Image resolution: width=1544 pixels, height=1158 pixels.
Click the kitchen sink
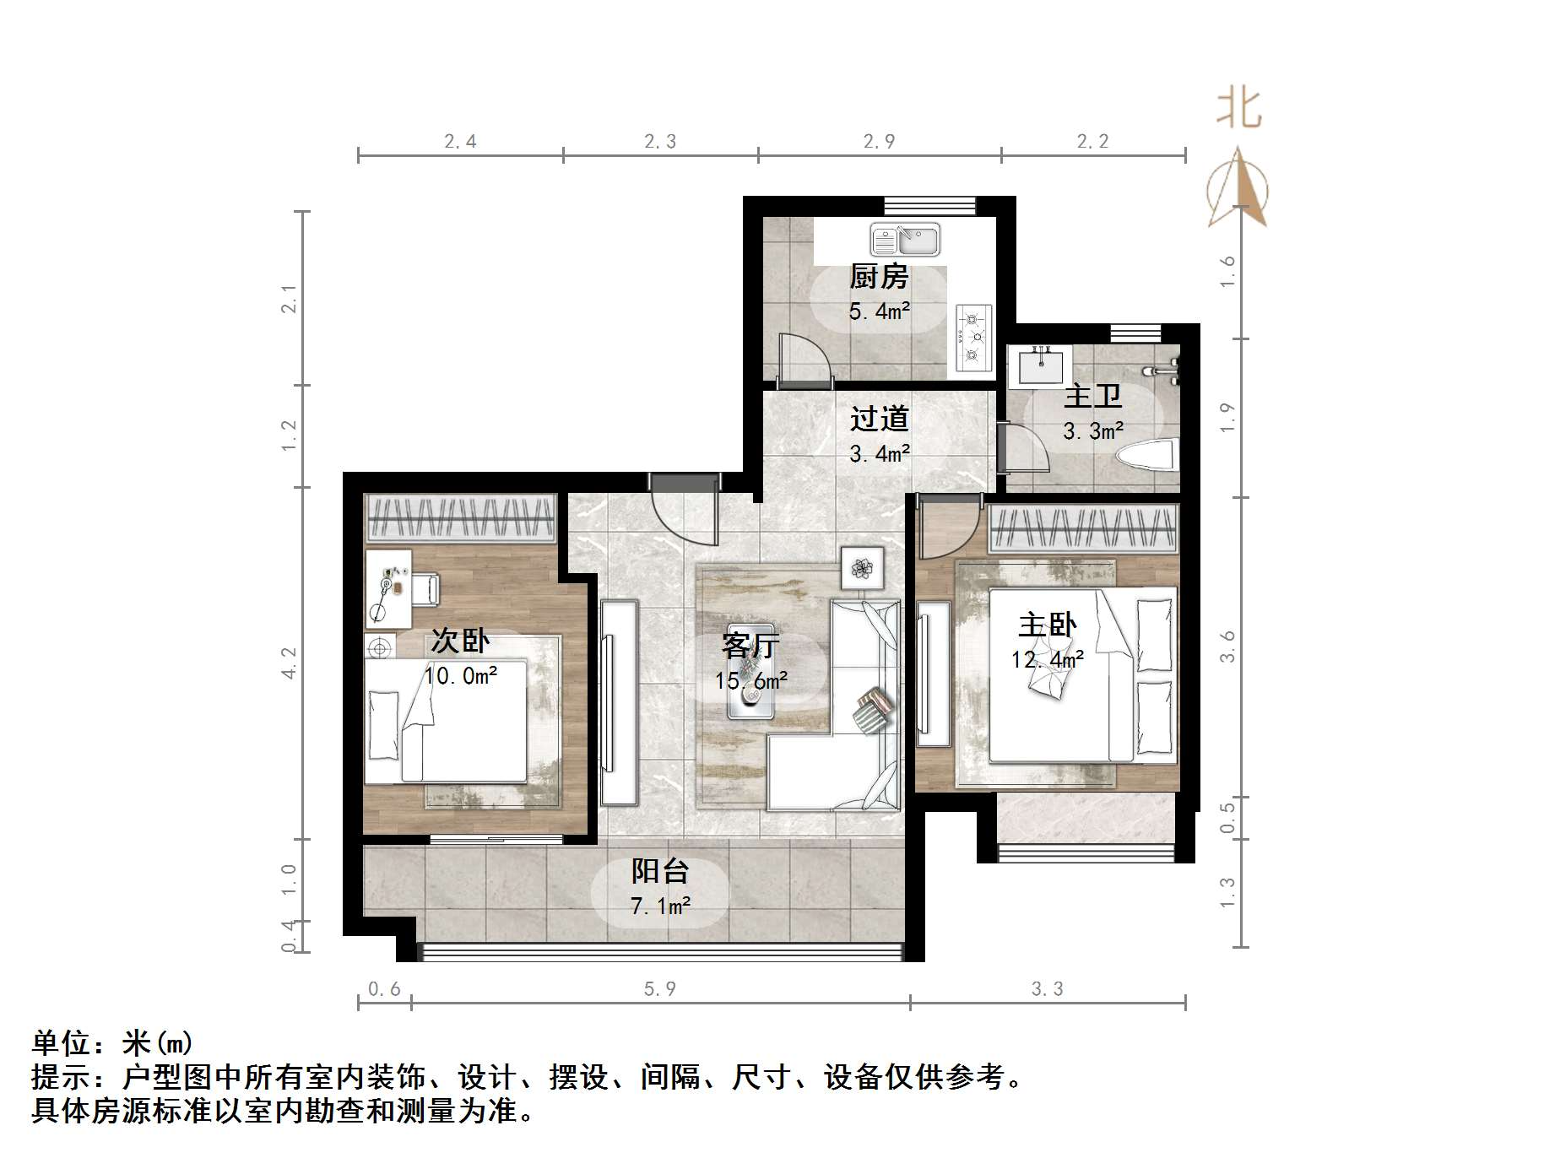(x=905, y=241)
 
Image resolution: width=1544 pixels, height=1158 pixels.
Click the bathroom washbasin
(x=1041, y=367)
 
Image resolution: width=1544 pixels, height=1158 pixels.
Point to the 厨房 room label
(x=879, y=276)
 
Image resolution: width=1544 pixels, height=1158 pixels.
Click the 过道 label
(x=879, y=419)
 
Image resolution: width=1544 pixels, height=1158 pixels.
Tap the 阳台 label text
(x=660, y=871)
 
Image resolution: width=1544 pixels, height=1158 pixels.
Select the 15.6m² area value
(x=750, y=680)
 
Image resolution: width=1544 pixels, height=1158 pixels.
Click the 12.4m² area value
(x=1047, y=659)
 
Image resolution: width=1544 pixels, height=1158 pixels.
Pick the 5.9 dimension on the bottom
(x=659, y=988)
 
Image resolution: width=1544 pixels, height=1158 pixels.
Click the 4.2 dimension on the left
(x=289, y=663)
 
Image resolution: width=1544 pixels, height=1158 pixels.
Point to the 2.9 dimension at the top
(x=879, y=141)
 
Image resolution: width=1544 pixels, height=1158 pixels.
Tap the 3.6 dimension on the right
(x=1227, y=646)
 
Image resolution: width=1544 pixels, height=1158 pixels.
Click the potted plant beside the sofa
(x=862, y=568)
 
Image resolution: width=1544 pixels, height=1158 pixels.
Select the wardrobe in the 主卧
(x=1082, y=528)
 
